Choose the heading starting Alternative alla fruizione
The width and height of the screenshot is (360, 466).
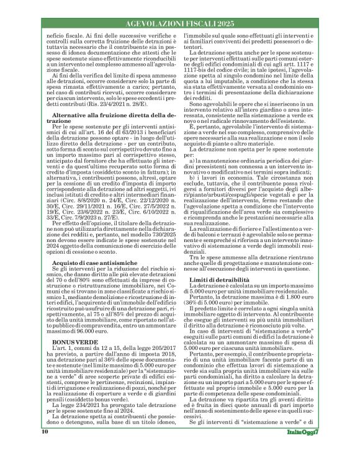coord(108,135)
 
